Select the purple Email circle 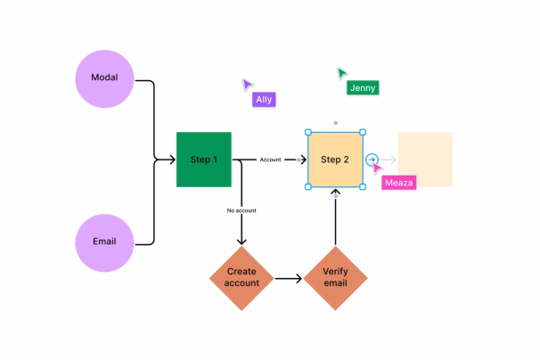click(x=105, y=241)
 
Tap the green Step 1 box click(x=204, y=160)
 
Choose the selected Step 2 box click(x=335, y=160)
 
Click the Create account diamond click(x=242, y=277)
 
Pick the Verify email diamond click(x=335, y=277)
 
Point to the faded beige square click(x=424, y=160)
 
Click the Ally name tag click(x=264, y=100)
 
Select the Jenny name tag click(x=363, y=87)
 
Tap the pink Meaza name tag click(x=398, y=183)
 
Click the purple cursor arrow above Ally click(x=247, y=84)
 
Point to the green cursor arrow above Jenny click(x=341, y=72)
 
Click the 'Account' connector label click(x=270, y=160)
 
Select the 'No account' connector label click(x=241, y=210)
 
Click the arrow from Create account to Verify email click(x=287, y=278)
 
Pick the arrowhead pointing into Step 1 click(x=171, y=160)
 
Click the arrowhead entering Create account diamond click(x=242, y=241)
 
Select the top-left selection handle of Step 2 click(x=308, y=133)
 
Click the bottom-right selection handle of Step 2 click(x=363, y=187)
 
